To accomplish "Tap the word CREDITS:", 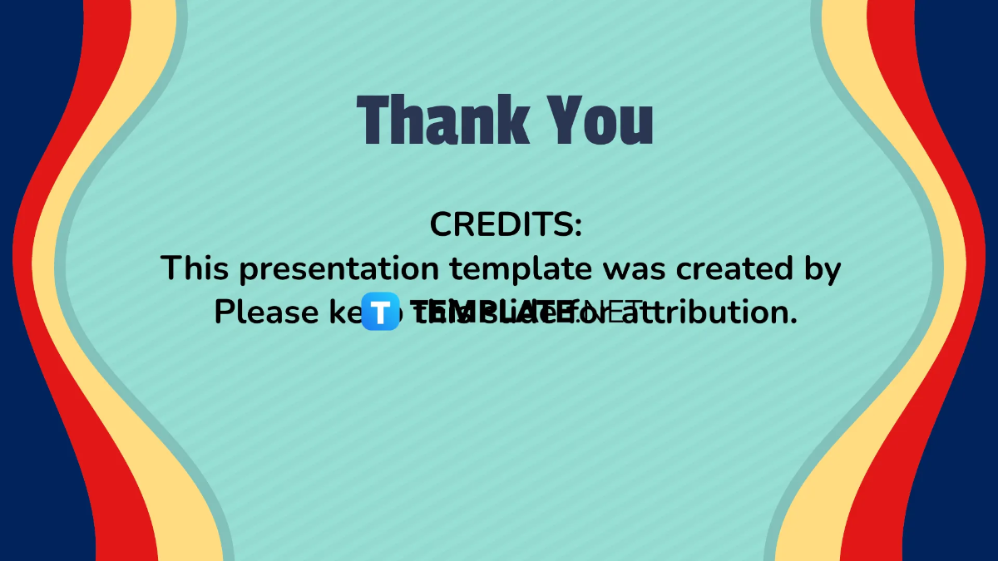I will [506, 224].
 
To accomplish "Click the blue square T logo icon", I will [381, 312].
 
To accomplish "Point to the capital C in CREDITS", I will [442, 224].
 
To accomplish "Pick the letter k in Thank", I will [514, 121].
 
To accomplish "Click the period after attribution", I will [793, 322].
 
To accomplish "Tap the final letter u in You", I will [635, 125].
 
